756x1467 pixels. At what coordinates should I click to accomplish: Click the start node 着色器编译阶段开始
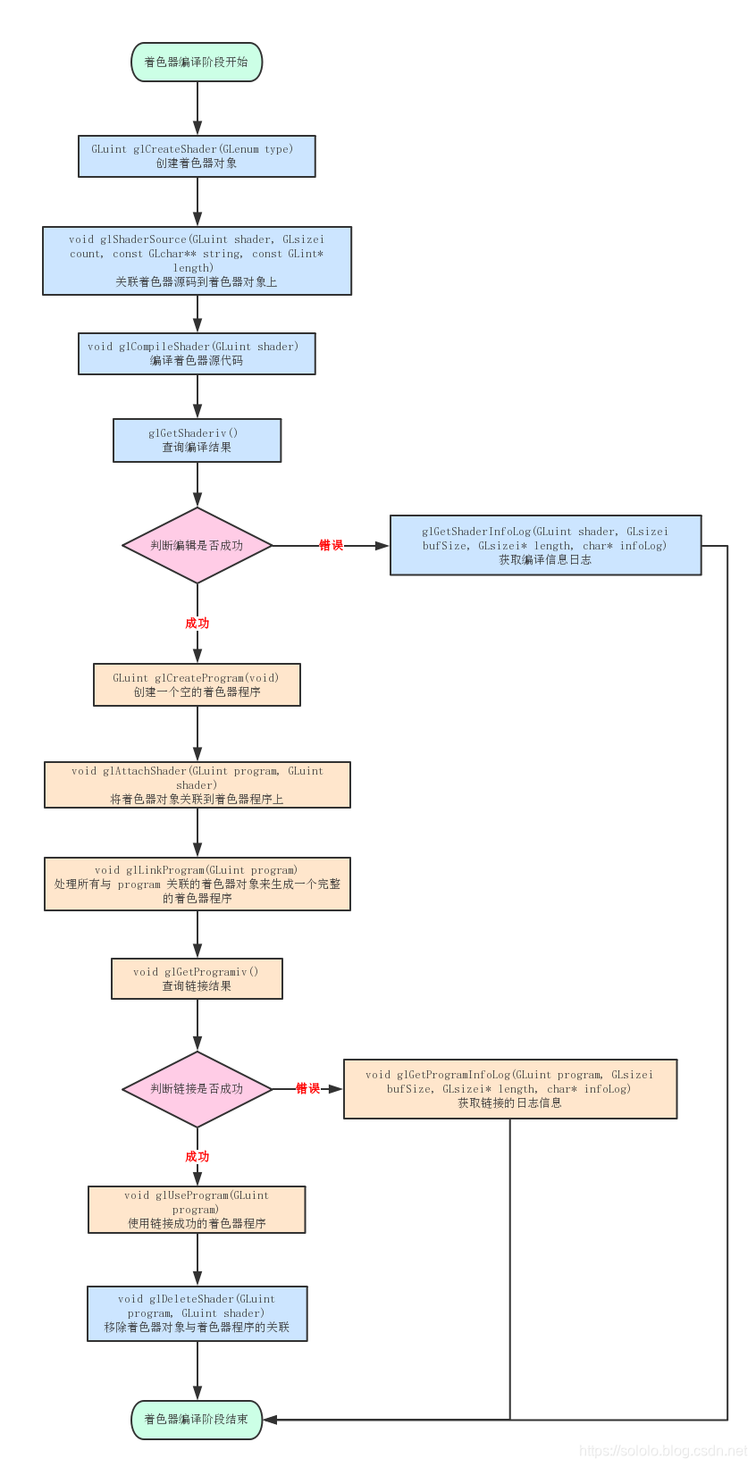pos(197,63)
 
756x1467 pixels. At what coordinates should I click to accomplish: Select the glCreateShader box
pos(197,156)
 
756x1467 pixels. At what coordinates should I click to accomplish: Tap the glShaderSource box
pos(197,261)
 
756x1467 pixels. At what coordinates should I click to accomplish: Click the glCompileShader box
pos(197,354)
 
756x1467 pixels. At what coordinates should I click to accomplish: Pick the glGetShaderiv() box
pos(197,440)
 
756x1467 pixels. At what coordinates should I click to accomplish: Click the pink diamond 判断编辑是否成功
pos(197,545)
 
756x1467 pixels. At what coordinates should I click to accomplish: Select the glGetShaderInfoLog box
pos(545,545)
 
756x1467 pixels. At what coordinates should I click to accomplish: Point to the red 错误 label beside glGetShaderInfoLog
pos(331,545)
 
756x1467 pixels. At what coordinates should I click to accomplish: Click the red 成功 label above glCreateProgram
pos(197,623)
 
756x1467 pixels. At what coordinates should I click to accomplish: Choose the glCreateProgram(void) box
pos(197,684)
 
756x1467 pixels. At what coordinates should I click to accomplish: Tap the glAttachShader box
pos(197,784)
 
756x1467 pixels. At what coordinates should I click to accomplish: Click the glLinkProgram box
pos(197,884)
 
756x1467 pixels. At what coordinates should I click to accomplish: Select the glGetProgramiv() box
pos(197,978)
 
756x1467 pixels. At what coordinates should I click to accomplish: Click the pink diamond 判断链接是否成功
pos(197,1089)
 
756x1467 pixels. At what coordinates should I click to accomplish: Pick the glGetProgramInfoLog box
pos(509,1088)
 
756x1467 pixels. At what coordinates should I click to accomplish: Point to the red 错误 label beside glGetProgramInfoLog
pos(308,1088)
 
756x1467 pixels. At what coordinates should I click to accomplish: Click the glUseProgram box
pos(197,1209)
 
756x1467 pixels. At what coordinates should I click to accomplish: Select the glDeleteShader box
pos(197,1313)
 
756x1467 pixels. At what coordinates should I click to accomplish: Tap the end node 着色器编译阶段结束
pos(197,1420)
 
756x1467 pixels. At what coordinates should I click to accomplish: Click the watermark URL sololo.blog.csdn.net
pos(663,1451)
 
